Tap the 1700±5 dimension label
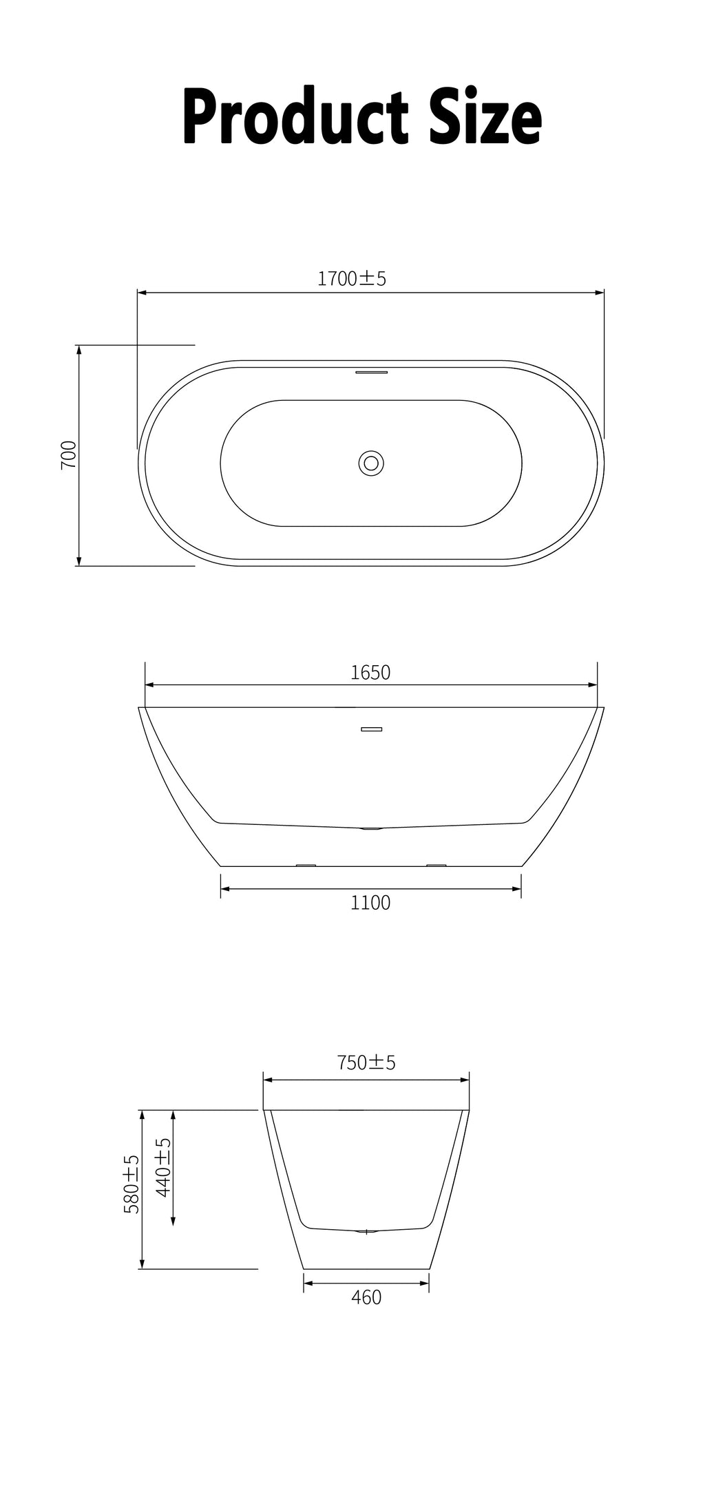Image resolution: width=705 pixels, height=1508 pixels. tap(352, 278)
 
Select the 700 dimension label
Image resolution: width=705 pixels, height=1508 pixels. tap(69, 454)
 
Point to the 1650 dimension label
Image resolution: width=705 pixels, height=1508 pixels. tap(370, 672)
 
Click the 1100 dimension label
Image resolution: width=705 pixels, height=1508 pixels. tap(370, 902)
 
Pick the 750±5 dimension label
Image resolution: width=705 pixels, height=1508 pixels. tap(366, 1062)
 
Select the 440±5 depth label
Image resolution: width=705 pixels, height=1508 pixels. tap(163, 1167)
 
